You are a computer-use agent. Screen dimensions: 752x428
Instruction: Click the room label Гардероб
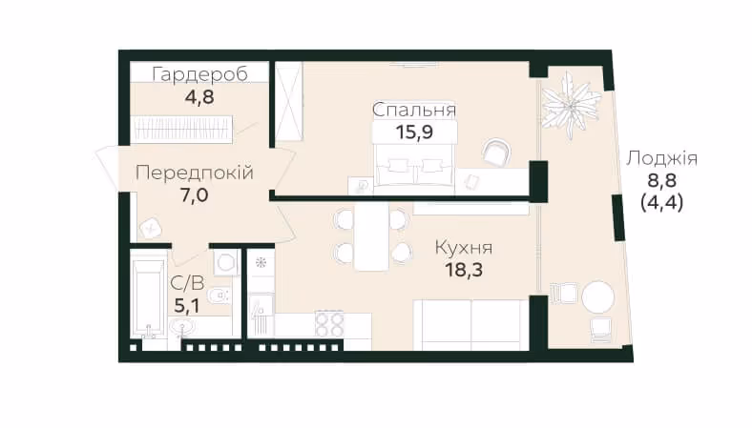[x=200, y=74]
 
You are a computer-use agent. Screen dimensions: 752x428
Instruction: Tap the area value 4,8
[x=199, y=97]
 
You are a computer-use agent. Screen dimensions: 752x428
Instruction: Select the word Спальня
[x=414, y=110]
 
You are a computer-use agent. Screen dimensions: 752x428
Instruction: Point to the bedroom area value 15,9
[x=414, y=132]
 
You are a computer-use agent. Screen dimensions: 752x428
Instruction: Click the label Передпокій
[x=195, y=173]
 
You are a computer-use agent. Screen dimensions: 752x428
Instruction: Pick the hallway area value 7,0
[x=194, y=195]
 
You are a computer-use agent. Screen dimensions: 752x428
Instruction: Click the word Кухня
[x=463, y=248]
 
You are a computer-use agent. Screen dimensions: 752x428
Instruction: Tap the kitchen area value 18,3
[x=464, y=270]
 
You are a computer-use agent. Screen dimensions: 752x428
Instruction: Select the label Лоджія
[x=661, y=158]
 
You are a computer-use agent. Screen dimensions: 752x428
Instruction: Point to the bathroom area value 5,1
[x=187, y=305]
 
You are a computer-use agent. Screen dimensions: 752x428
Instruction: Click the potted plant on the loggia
[x=571, y=106]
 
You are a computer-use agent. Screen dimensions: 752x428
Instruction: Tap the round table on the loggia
[x=597, y=297]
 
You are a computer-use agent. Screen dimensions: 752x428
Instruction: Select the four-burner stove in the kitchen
[x=329, y=324]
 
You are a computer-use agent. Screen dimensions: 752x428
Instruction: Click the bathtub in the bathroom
[x=148, y=299]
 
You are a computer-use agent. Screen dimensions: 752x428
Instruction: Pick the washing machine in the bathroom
[x=225, y=262]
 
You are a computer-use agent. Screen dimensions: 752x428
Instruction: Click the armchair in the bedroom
[x=496, y=153]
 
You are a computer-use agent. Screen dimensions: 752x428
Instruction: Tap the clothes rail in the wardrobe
[x=181, y=129]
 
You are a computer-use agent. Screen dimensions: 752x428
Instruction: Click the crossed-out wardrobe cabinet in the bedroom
[x=290, y=102]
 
